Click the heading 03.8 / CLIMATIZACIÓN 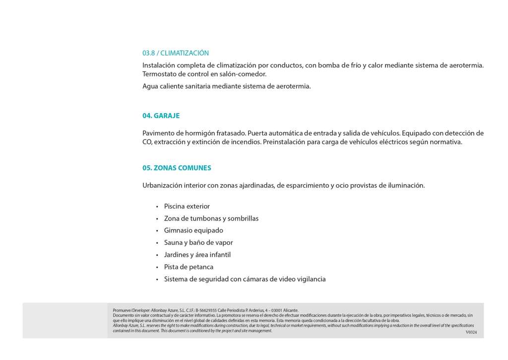click(x=176, y=53)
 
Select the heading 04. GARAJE click(x=161, y=116)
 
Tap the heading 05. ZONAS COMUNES click(x=177, y=168)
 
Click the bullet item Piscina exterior click(x=187, y=207)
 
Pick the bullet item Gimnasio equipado click(x=193, y=230)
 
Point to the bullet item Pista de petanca click(x=189, y=267)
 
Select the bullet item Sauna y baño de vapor click(x=198, y=243)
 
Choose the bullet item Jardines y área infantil click(x=197, y=255)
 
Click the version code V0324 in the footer click(x=471, y=332)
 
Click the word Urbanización click(x=162, y=186)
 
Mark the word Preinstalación click(x=286, y=142)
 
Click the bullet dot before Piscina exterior click(x=157, y=207)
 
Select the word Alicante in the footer click(x=290, y=310)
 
